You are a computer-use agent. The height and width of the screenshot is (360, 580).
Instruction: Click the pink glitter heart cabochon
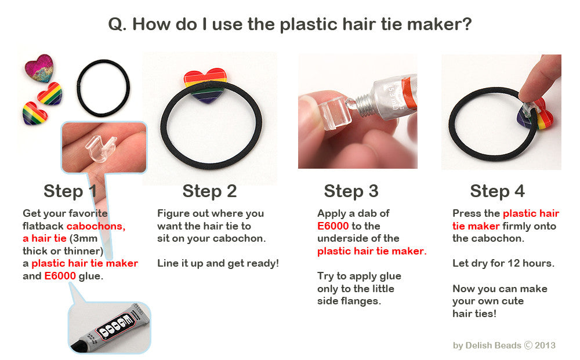[x=39, y=68]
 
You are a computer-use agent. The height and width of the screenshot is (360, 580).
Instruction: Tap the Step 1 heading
[x=70, y=191]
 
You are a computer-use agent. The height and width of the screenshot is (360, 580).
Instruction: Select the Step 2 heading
[x=209, y=191]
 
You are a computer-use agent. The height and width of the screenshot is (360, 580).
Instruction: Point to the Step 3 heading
[x=351, y=191]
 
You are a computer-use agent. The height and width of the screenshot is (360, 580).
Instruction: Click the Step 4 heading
[x=498, y=191]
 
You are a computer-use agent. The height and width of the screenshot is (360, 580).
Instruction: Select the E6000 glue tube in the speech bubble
[x=110, y=328]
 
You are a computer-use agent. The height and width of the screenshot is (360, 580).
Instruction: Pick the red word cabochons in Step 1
[x=96, y=226]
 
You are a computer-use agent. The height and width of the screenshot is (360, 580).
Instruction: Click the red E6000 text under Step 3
[x=333, y=226]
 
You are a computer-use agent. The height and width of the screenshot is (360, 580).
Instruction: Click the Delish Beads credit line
[x=504, y=345]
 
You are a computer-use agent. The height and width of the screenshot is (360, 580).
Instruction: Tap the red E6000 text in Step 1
[x=60, y=276]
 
